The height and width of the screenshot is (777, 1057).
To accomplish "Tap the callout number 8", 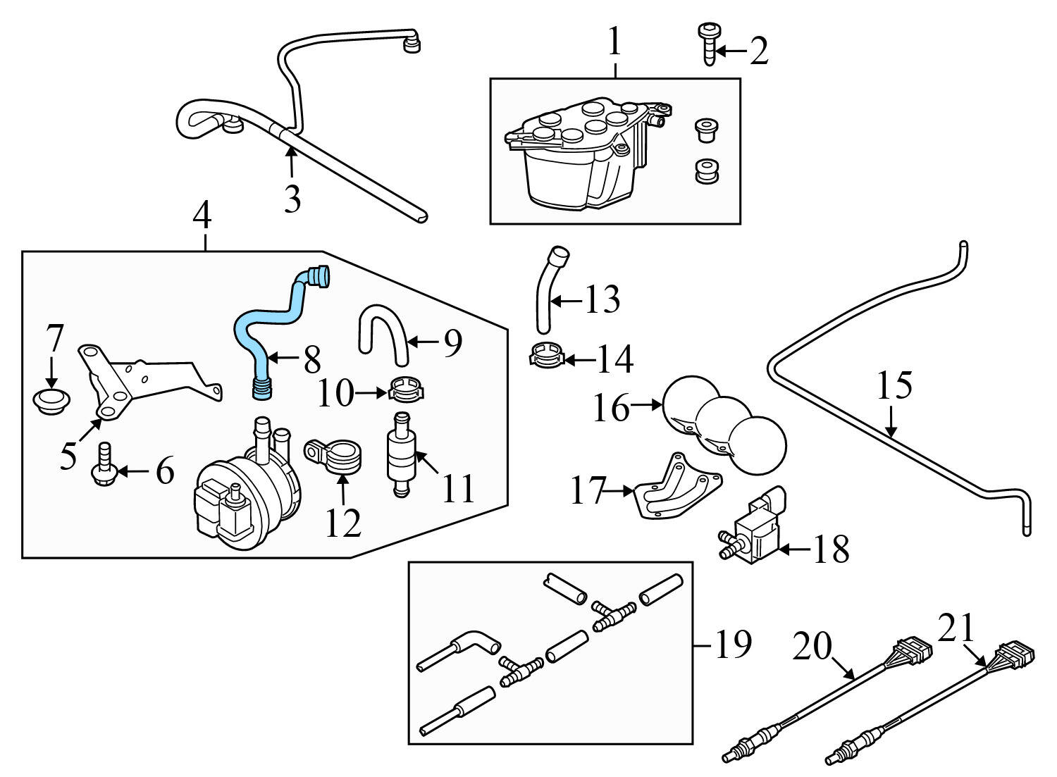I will click(311, 360).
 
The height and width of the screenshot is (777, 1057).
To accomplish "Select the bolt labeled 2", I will click(707, 43).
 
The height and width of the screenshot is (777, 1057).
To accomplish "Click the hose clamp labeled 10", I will click(405, 387).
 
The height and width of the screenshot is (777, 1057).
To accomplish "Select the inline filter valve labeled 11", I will click(402, 454).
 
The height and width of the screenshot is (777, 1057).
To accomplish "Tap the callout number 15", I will click(894, 386).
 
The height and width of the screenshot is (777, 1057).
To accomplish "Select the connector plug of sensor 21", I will click(1013, 652).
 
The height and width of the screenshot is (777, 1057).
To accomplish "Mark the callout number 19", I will click(733, 644).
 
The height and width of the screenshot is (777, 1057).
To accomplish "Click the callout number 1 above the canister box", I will click(614, 42).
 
